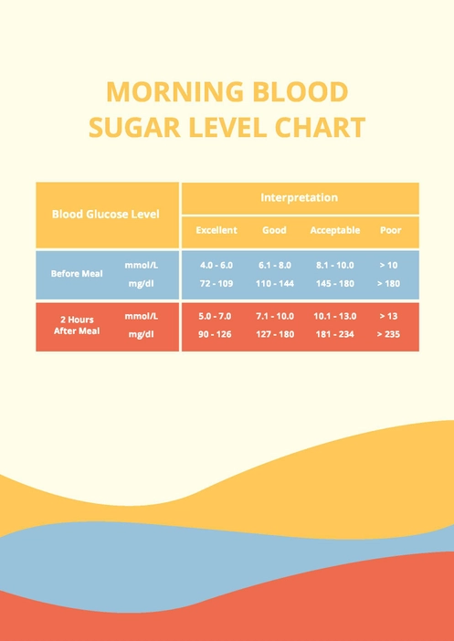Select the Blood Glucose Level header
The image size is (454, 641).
(105, 215)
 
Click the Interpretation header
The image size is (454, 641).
(299, 197)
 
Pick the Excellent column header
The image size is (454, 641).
(216, 231)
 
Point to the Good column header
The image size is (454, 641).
(274, 231)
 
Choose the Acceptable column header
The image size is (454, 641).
(334, 231)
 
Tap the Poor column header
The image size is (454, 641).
(390, 231)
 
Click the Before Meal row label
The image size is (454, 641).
(77, 274)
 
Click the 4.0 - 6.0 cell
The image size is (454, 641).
(216, 265)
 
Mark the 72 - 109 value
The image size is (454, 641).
(216, 284)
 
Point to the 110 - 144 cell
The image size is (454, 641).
(274, 284)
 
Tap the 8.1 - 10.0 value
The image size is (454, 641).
(334, 265)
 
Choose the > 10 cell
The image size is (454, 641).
(388, 265)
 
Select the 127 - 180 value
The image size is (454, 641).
(274, 334)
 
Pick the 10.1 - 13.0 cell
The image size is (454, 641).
(334, 316)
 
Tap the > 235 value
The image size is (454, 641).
(388, 334)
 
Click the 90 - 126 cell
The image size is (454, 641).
(216, 334)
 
